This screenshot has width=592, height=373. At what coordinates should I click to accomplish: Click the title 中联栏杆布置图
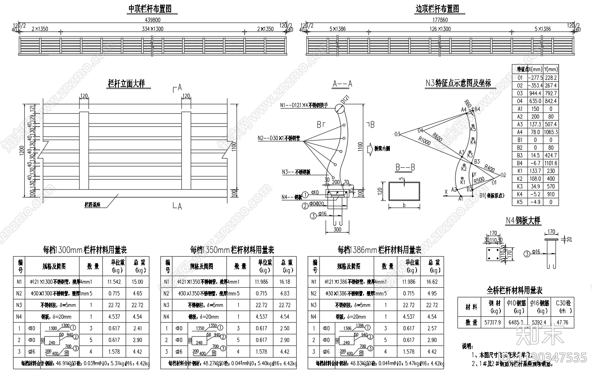click(x=150, y=8)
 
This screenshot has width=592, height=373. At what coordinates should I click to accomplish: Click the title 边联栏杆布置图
click(x=437, y=8)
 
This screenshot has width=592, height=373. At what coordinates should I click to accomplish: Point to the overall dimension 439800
click(x=153, y=20)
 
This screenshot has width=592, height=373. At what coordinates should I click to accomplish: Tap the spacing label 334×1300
click(x=153, y=29)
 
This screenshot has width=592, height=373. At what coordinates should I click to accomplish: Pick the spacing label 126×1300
click(x=440, y=29)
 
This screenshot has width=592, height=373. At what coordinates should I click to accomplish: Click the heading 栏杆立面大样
click(x=127, y=83)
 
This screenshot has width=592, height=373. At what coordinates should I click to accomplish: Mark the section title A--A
click(x=342, y=83)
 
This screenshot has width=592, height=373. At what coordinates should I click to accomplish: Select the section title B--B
click(x=405, y=167)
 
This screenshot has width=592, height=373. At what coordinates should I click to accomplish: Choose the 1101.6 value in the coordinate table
click(x=550, y=163)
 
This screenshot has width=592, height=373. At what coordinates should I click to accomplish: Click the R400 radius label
click(x=489, y=168)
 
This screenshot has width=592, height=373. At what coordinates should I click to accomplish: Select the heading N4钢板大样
click(x=523, y=220)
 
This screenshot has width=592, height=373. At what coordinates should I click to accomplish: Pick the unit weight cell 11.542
click(x=114, y=282)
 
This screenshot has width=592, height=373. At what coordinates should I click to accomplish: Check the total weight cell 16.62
click(x=432, y=282)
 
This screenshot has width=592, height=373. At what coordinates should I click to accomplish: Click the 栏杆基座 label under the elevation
click(x=93, y=205)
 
